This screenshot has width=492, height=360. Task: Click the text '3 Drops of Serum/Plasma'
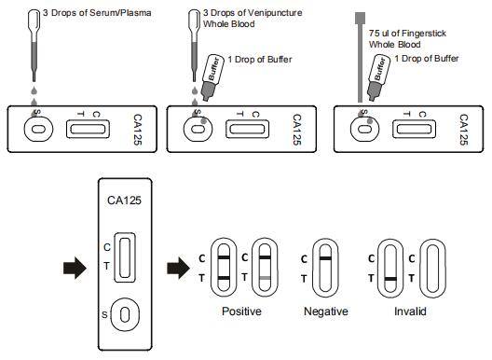(x=97, y=13)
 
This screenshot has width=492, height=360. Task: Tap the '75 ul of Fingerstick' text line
(x=407, y=33)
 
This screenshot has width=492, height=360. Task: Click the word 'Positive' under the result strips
(x=241, y=311)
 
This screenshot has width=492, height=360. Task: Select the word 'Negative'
(x=326, y=312)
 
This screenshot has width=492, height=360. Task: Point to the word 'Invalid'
(x=410, y=312)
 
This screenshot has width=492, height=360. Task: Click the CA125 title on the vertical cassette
(x=124, y=201)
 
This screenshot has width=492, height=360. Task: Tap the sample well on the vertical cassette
(x=125, y=314)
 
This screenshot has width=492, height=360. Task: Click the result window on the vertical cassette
(x=125, y=257)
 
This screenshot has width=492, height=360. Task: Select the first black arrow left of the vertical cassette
(x=75, y=269)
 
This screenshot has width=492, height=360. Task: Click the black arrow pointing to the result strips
(x=178, y=269)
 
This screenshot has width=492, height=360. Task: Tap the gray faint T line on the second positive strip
(x=265, y=278)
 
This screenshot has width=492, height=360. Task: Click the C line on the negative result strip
(x=326, y=258)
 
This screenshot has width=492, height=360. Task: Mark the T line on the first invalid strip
(x=390, y=279)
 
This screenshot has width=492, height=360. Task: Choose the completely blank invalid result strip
(x=432, y=268)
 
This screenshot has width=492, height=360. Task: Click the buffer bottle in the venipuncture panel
(x=212, y=77)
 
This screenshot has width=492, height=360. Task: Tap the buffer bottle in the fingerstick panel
(x=378, y=77)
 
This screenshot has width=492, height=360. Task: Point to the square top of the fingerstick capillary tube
(x=361, y=18)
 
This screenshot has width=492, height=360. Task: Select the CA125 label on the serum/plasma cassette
(x=138, y=130)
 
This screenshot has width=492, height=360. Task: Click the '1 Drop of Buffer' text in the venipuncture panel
(x=260, y=60)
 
